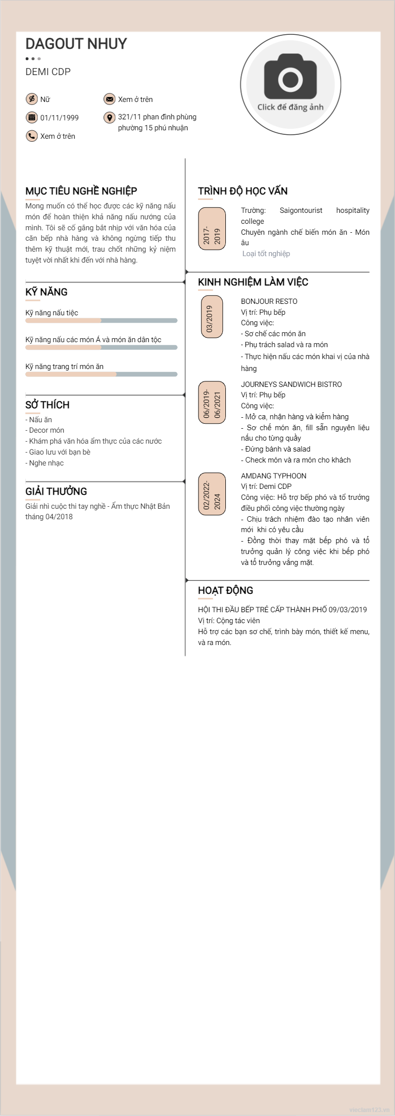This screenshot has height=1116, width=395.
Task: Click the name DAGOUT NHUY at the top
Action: [x=76, y=44]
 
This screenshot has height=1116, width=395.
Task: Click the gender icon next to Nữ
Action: [x=32, y=99]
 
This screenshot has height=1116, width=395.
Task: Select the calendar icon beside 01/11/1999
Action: [x=32, y=117]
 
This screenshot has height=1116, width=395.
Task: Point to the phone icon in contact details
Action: [x=32, y=136]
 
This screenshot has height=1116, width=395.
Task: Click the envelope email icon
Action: [x=109, y=99]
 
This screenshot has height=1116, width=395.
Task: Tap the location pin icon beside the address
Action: [x=109, y=117]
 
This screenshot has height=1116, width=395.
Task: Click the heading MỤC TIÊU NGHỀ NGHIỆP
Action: [x=81, y=191]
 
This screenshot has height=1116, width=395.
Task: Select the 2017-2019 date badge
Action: [x=212, y=228]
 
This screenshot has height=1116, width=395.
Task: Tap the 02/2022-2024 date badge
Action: [x=212, y=494]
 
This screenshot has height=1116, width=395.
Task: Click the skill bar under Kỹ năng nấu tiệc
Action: [x=101, y=321]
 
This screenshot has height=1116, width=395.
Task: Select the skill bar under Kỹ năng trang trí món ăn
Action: [x=101, y=374]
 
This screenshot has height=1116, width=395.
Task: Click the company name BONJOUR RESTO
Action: [x=269, y=301]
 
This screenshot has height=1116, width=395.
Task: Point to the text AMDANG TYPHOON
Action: [x=274, y=476]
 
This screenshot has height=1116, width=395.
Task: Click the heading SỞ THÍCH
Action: [x=47, y=405]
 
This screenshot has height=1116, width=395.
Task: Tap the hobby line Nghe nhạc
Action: [x=46, y=463]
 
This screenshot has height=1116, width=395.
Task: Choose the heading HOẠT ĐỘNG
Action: [x=225, y=590]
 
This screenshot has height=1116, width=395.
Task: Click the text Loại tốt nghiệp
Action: [x=266, y=254]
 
